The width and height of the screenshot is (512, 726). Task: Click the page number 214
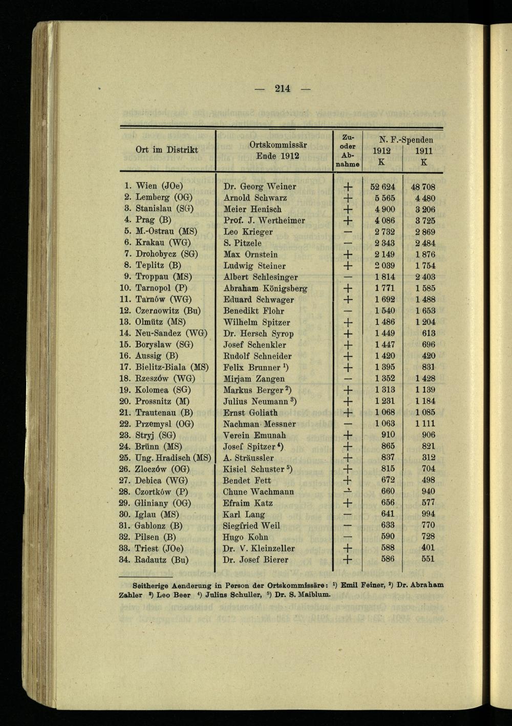click(x=282, y=89)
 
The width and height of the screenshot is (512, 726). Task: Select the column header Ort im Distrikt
click(x=166, y=150)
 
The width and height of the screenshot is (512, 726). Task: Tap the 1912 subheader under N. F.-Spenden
click(x=381, y=151)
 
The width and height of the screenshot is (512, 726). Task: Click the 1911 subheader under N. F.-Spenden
click(x=423, y=151)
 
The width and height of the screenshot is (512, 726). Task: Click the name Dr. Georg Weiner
click(x=260, y=187)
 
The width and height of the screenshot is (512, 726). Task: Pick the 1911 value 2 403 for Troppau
click(x=423, y=277)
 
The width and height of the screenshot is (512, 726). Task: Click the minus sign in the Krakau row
click(x=348, y=243)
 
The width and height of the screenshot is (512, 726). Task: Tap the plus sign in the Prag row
click(x=348, y=221)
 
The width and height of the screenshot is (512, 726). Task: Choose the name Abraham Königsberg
click(x=265, y=288)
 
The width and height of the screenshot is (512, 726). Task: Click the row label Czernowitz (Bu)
click(x=168, y=311)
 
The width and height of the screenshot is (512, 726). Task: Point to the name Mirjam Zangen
click(x=254, y=379)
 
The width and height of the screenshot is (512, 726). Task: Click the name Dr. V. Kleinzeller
click(x=259, y=548)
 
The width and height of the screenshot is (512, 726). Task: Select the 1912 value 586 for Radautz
click(x=388, y=559)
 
